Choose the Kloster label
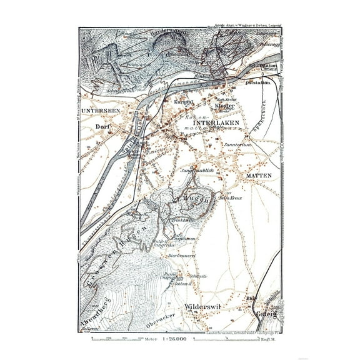pyautogui.click(x=226, y=106)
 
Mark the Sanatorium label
pyautogui.click(x=238, y=144)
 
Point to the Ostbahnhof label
pyautogui.click(x=257, y=82)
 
